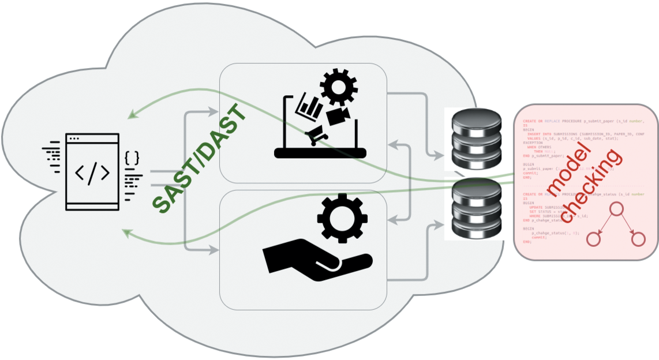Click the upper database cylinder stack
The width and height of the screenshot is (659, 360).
click(x=469, y=137)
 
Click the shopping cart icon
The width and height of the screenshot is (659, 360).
click(x=316, y=137)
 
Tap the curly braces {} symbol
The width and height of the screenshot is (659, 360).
click(x=132, y=157)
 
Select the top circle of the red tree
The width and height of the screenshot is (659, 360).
click(x=616, y=209)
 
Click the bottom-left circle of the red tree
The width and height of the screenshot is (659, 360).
click(x=594, y=239)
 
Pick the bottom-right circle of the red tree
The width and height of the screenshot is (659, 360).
click(x=638, y=239)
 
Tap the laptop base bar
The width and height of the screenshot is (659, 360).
click(x=320, y=153)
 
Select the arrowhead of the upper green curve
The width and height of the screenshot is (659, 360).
click(x=131, y=114)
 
